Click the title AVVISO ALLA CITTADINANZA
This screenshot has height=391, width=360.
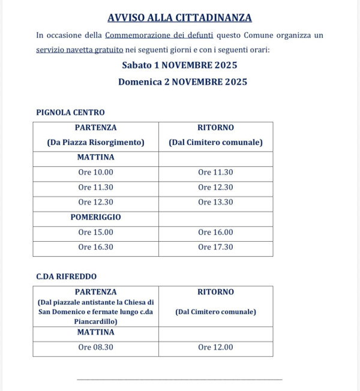tap(179, 18)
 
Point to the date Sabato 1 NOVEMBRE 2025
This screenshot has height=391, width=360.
tap(179, 65)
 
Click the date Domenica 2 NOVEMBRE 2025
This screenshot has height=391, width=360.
tap(182, 82)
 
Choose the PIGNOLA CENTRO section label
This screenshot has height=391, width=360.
tap(70, 112)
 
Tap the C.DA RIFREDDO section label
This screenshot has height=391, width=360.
tap(66, 276)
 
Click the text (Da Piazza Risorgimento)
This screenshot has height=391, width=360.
tap(96, 143)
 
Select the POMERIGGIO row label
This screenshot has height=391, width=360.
tap(95, 217)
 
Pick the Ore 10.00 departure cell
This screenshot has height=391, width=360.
tap(95, 172)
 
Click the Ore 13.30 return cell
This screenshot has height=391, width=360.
tap(215, 202)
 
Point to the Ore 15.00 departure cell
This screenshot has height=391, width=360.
tap(95, 232)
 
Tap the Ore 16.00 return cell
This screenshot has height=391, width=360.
tap(215, 232)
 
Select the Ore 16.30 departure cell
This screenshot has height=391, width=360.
tap(95, 247)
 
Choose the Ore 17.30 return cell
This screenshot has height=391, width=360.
tap(215, 247)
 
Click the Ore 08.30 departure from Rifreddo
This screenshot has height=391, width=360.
tap(95, 347)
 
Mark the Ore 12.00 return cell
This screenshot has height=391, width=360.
tap(215, 347)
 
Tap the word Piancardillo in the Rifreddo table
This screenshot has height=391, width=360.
tap(96, 321)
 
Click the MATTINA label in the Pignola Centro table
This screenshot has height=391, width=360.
tap(95, 158)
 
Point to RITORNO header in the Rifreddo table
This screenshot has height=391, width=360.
tap(215, 292)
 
